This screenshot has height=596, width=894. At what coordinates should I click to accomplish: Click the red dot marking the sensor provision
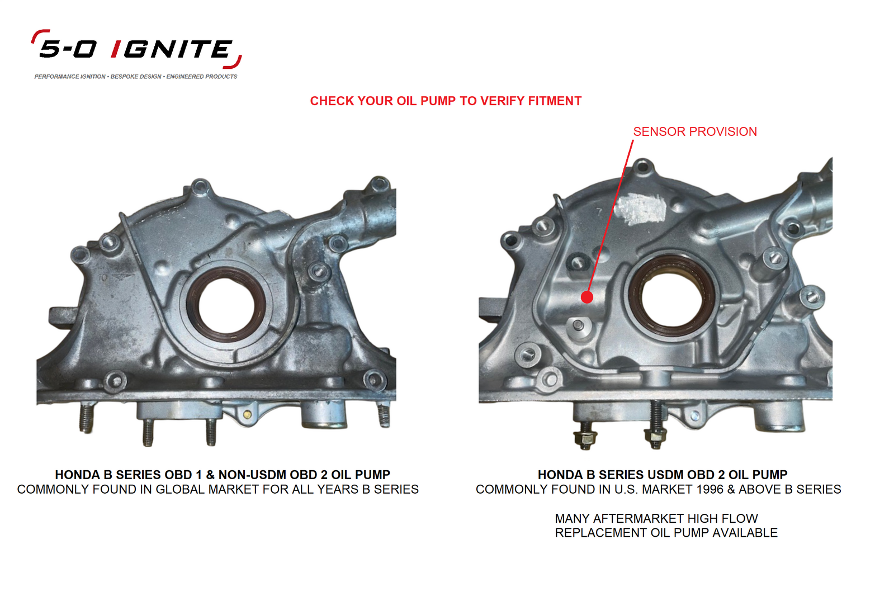click(x=586, y=297)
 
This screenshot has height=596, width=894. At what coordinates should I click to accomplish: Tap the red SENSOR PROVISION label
click(x=694, y=132)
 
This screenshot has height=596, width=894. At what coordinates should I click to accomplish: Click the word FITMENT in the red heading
click(x=555, y=101)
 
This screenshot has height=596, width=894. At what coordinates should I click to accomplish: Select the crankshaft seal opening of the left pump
click(x=225, y=305)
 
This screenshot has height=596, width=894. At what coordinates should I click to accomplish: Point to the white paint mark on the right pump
click(x=640, y=209)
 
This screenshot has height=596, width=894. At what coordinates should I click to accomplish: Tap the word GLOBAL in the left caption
click(x=179, y=490)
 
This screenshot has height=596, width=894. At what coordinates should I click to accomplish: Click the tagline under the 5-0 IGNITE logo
click(x=136, y=77)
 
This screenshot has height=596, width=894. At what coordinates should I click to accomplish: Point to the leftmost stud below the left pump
click(x=86, y=418)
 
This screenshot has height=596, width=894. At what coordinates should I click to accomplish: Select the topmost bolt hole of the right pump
click(x=644, y=167)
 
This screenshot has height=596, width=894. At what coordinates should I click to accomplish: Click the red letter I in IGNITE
click(x=116, y=49)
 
